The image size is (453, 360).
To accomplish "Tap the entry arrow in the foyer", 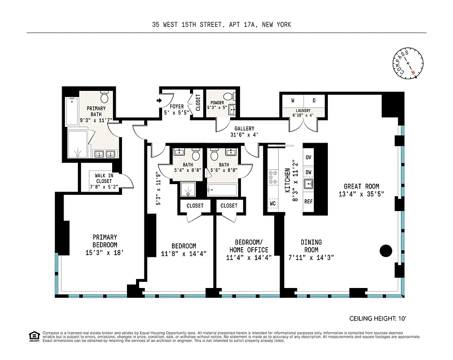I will point(160,101).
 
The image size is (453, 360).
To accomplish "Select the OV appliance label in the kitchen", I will point(308,157).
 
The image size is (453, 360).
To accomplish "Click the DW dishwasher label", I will point(308,172).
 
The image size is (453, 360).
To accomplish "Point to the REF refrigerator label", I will point(308,202).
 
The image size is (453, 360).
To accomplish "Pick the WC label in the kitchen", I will point(272,203).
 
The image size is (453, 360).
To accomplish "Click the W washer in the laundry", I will point(293,100).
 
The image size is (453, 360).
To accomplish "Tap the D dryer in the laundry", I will point(314,100).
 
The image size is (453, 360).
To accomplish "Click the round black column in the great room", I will point(385,251).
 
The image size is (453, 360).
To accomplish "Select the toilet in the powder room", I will point(227,96).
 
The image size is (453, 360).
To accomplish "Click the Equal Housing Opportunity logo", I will point(33,336).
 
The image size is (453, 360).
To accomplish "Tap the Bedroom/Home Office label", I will point(249,250).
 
